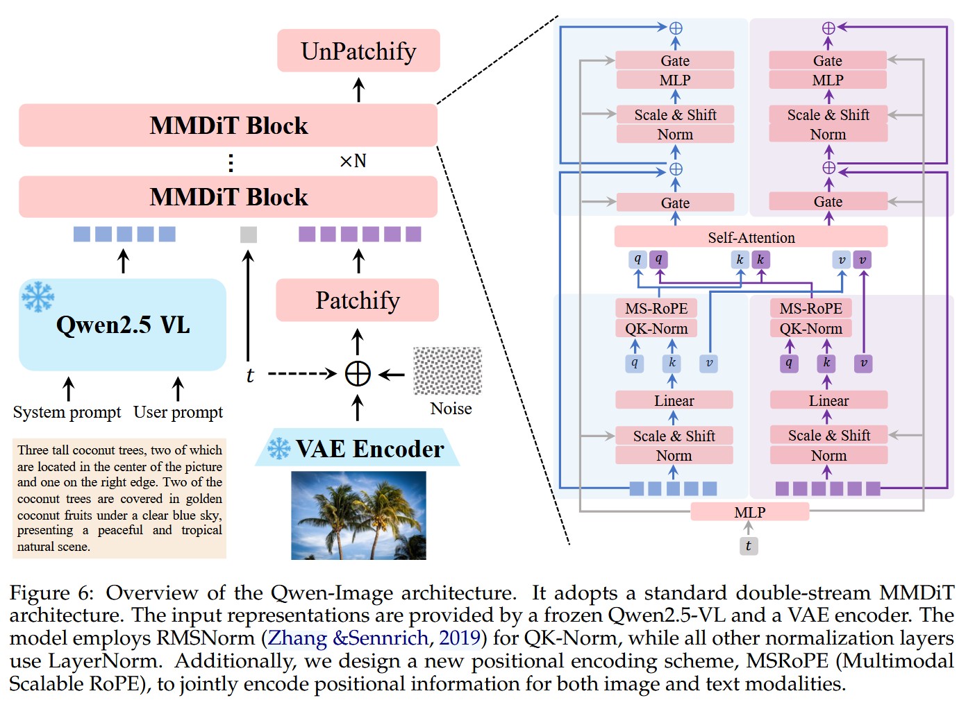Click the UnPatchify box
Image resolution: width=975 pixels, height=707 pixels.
(358, 51)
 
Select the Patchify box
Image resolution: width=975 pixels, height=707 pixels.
(357, 300)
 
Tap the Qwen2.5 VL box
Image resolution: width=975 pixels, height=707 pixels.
(122, 325)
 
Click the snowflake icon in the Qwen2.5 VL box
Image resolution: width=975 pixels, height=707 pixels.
(37, 296)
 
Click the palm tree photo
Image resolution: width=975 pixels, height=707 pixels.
(358, 515)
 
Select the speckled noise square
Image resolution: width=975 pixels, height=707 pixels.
(447, 371)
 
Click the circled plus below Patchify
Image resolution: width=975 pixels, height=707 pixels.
(358, 374)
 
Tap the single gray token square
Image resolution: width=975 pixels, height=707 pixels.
(248, 235)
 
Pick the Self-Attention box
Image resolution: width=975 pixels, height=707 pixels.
(751, 237)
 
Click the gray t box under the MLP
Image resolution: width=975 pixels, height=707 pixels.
(748, 546)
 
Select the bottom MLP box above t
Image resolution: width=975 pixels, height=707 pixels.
(749, 512)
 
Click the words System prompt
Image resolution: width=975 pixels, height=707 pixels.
(67, 412)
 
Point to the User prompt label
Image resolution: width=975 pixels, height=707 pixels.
(178, 412)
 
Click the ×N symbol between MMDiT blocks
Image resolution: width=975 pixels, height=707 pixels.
(353, 161)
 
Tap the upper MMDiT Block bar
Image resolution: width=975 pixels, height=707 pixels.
(228, 126)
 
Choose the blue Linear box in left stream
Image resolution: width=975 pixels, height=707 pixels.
(674, 400)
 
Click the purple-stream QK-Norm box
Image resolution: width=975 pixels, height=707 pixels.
(810, 328)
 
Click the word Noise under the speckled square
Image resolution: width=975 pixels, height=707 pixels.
(451, 409)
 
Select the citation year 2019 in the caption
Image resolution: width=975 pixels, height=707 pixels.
(460, 638)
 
